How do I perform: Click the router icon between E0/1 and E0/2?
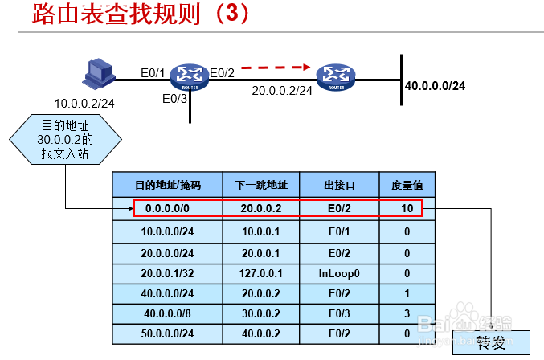190,77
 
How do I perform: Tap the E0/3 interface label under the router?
174,99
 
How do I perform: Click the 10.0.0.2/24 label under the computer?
84,103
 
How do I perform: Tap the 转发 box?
492,343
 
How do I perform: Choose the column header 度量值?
407,186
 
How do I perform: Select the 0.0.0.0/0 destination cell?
167,208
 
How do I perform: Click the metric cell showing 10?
407,208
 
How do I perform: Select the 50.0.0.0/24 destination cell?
167,333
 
